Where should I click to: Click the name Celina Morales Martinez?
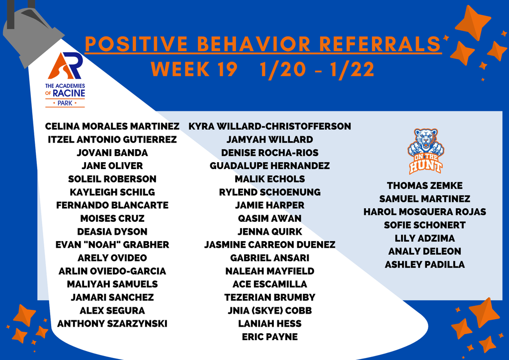point(112,126)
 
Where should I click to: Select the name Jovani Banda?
point(112,153)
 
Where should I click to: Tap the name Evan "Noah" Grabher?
point(112,245)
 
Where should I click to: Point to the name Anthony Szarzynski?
point(112,324)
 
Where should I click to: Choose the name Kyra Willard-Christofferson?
point(269,126)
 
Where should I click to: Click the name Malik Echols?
point(269,179)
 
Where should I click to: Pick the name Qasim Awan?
point(269,218)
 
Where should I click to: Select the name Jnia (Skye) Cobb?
point(269,311)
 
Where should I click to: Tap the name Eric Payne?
point(269,337)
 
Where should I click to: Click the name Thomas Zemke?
point(424,185)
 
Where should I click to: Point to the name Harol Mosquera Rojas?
point(424,212)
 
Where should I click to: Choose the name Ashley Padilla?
point(424,265)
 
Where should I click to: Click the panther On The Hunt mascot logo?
point(425,151)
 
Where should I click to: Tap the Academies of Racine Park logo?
point(65,80)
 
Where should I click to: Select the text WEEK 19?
point(194,70)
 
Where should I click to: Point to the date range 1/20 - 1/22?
point(317,70)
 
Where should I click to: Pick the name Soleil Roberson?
point(112,179)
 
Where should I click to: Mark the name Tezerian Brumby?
point(269,297)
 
